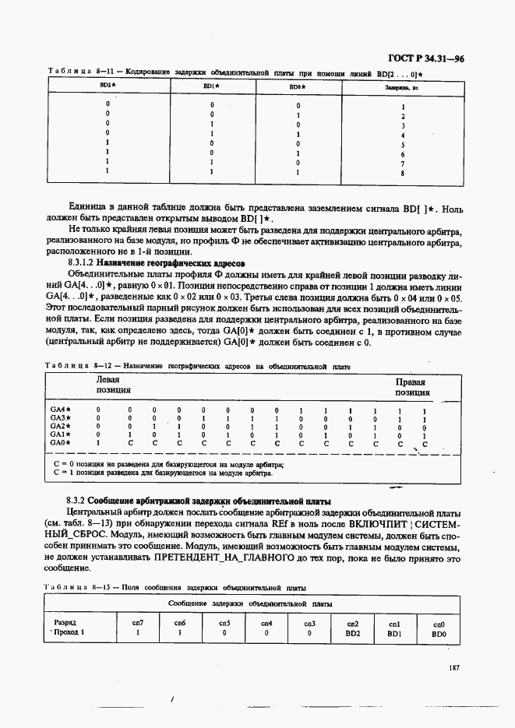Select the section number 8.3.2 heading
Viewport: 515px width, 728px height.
pyautogui.click(x=76, y=500)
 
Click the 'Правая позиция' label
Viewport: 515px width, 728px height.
pyautogui.click(x=412, y=388)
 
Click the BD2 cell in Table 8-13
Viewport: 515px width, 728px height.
pyautogui.click(x=353, y=633)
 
